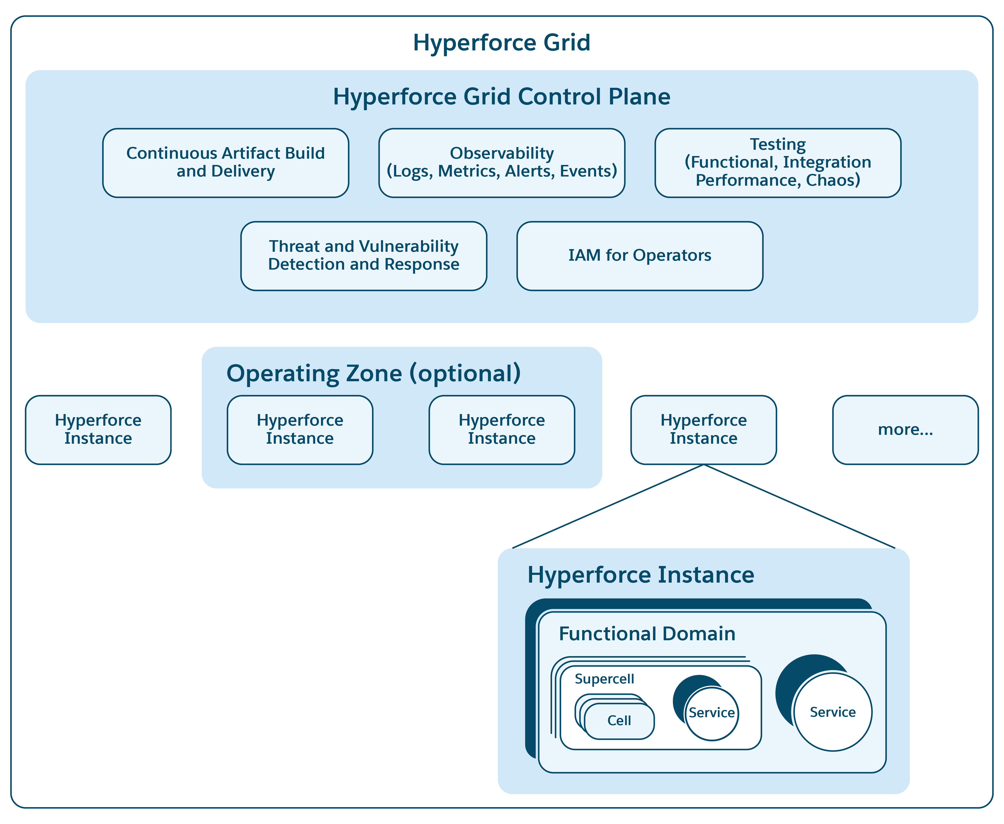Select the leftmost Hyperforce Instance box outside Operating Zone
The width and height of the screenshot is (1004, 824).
(98, 429)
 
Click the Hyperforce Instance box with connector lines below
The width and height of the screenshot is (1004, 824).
(703, 429)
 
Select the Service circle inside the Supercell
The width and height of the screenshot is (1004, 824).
(711, 713)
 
